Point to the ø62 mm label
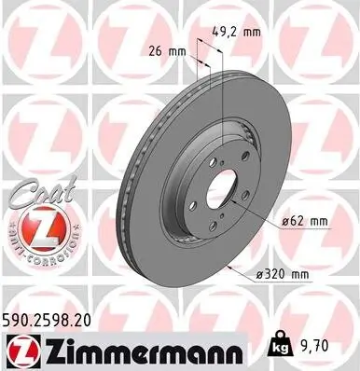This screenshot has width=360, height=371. pyautogui.click(x=305, y=221)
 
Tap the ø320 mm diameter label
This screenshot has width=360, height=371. pyautogui.click(x=309, y=274)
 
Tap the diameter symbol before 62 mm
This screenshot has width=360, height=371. pyautogui.click(x=284, y=221)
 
